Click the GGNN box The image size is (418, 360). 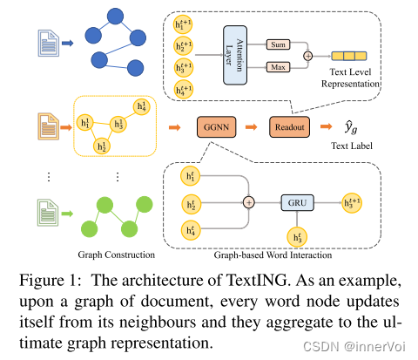click(216, 127)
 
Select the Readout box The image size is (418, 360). click(289, 127)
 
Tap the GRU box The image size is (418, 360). click(297, 202)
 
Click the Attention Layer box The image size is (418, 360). click(235, 55)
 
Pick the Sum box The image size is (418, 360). click(278, 44)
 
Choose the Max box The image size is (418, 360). click(278, 67)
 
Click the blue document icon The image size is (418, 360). click(49, 43)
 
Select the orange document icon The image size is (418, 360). click(49, 126)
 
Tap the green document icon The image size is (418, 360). click(48, 213)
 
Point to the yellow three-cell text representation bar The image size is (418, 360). click(349, 56)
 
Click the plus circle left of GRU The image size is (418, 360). click(249, 202)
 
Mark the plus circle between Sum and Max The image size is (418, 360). click(308, 56)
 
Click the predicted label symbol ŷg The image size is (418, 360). click(351, 127)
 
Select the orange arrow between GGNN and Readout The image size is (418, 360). click(252, 127)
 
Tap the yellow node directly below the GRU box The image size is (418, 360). click(297, 237)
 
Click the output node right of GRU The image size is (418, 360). click(352, 203)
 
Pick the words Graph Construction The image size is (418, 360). click(116, 255)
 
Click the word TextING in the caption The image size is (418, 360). click(256, 281)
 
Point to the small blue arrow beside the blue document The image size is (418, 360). click(68, 44)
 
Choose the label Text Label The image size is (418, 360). click(352, 146)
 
